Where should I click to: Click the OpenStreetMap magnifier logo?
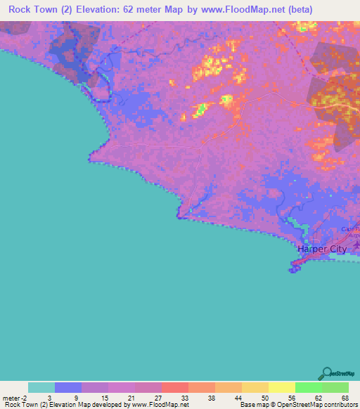[326, 373]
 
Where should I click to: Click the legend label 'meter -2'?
[15, 398]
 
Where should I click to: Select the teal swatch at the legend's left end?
[41, 387]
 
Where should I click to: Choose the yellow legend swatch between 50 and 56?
[281, 387]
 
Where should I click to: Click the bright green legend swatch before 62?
[308, 387]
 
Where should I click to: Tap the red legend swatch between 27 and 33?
[174, 387]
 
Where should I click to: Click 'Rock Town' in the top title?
[30, 10]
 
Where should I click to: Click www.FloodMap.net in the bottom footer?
[155, 405]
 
